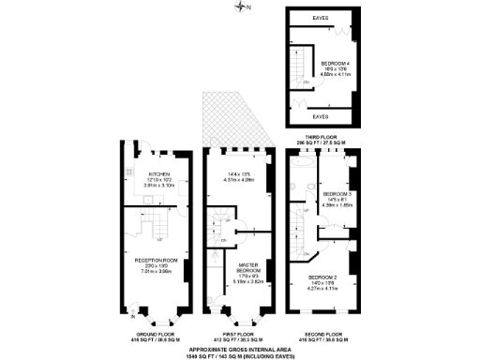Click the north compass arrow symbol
point(247,8)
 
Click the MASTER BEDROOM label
point(247,267)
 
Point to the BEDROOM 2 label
point(322,278)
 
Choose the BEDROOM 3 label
point(335,194)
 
